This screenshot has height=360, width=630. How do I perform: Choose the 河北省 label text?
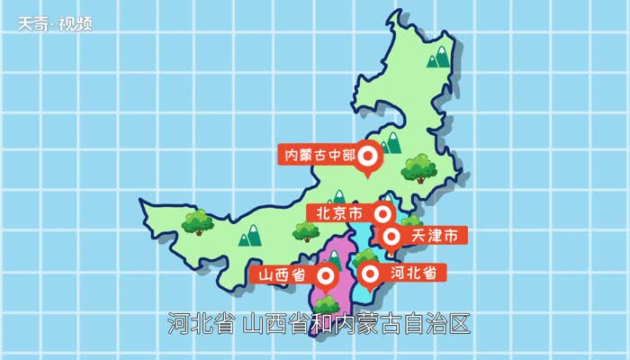click(413, 271)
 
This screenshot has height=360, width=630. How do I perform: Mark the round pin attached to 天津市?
click(392, 237)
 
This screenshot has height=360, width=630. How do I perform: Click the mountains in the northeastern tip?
click(439, 58)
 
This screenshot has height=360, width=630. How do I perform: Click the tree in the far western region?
click(197, 221)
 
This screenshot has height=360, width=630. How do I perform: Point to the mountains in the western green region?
click(249, 236)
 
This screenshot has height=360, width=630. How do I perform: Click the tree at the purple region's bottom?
click(327, 304)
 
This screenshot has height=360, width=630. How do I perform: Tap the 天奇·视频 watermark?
click(55, 23)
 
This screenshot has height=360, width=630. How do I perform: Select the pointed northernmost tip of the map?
click(395, 15)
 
